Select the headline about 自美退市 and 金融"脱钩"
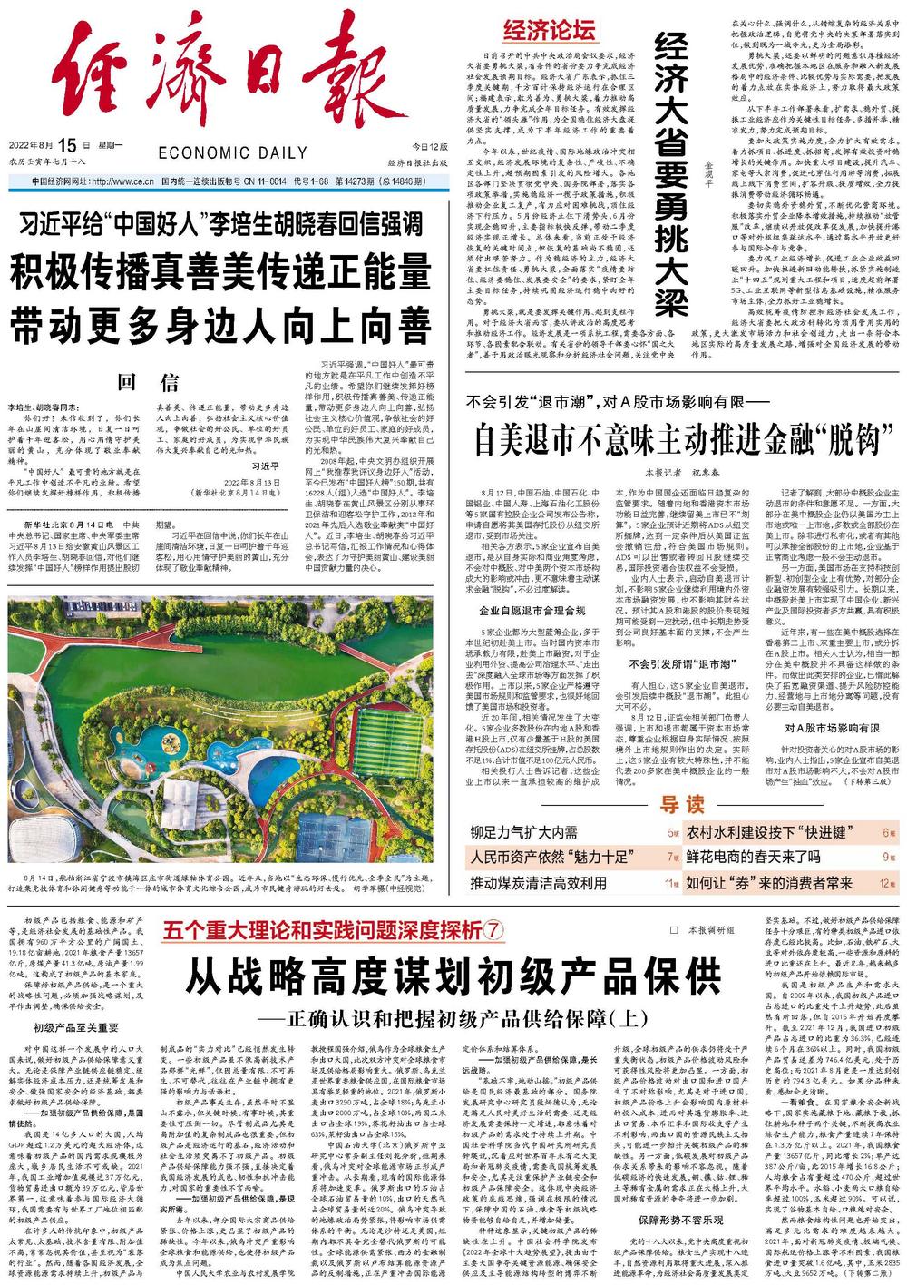point(672,438)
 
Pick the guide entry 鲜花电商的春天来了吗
point(753,856)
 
